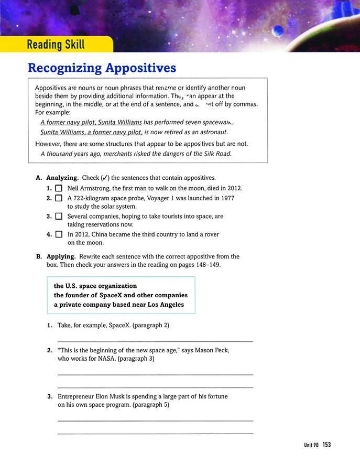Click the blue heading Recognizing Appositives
click(x=102, y=68)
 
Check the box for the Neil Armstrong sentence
click(x=58, y=188)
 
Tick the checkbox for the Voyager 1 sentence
click(x=58, y=198)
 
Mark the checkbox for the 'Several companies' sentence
click(x=58, y=216)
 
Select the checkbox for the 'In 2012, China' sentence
click(x=58, y=234)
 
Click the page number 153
click(x=327, y=445)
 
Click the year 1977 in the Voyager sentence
click(x=227, y=198)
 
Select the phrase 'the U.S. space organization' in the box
click(x=95, y=286)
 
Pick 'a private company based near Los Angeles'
click(x=119, y=305)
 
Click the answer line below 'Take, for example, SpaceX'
click(x=155, y=341)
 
